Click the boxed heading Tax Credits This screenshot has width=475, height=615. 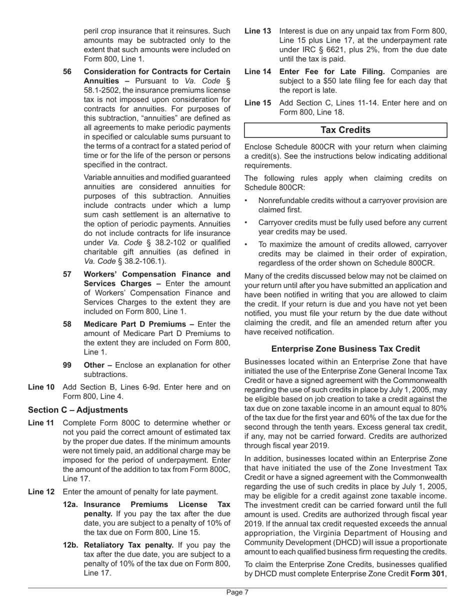(345, 130)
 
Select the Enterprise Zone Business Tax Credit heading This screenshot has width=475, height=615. (345, 348)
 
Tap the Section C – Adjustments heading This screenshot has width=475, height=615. (78, 410)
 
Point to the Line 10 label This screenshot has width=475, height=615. (41, 387)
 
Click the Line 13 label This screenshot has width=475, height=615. (258, 31)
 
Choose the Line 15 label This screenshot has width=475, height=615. (258, 103)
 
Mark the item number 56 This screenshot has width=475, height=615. (67, 71)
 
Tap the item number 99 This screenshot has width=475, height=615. (67, 365)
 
